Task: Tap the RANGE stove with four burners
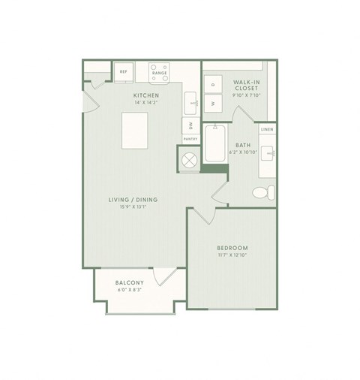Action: click(160, 72)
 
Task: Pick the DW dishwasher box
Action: click(190, 125)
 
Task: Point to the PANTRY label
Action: click(190, 140)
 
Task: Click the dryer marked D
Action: click(212, 83)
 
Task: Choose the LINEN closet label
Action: click(267, 130)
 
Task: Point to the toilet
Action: click(262, 192)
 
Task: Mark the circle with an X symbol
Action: click(189, 159)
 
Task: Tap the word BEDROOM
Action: click(232, 248)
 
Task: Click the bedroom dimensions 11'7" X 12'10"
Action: click(232, 257)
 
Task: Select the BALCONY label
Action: click(130, 283)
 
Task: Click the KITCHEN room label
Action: click(145, 96)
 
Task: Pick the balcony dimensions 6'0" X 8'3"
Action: click(130, 291)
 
